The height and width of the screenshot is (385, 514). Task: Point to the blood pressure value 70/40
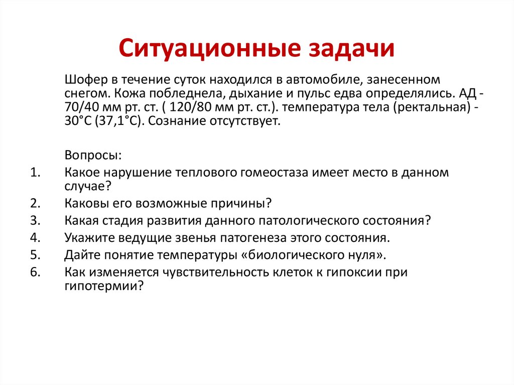[81, 107]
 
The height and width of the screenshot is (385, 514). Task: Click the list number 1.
[35, 173]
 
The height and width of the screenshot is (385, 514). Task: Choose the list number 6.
[35, 271]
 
